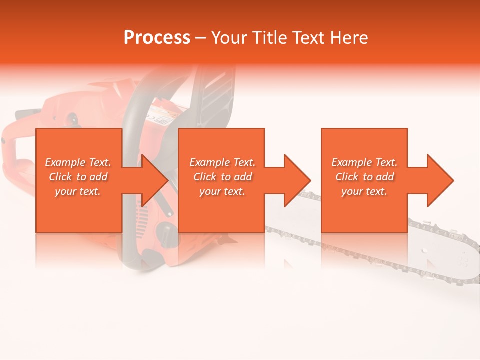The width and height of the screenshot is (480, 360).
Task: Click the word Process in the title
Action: point(157,38)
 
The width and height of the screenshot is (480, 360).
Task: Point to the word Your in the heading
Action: point(230,38)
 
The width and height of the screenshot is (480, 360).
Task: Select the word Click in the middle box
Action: point(205,177)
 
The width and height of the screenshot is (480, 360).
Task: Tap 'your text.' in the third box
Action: point(364,191)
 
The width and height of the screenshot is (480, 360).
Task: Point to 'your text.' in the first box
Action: point(78,191)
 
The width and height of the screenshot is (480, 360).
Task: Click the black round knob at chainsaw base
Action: point(165,232)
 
